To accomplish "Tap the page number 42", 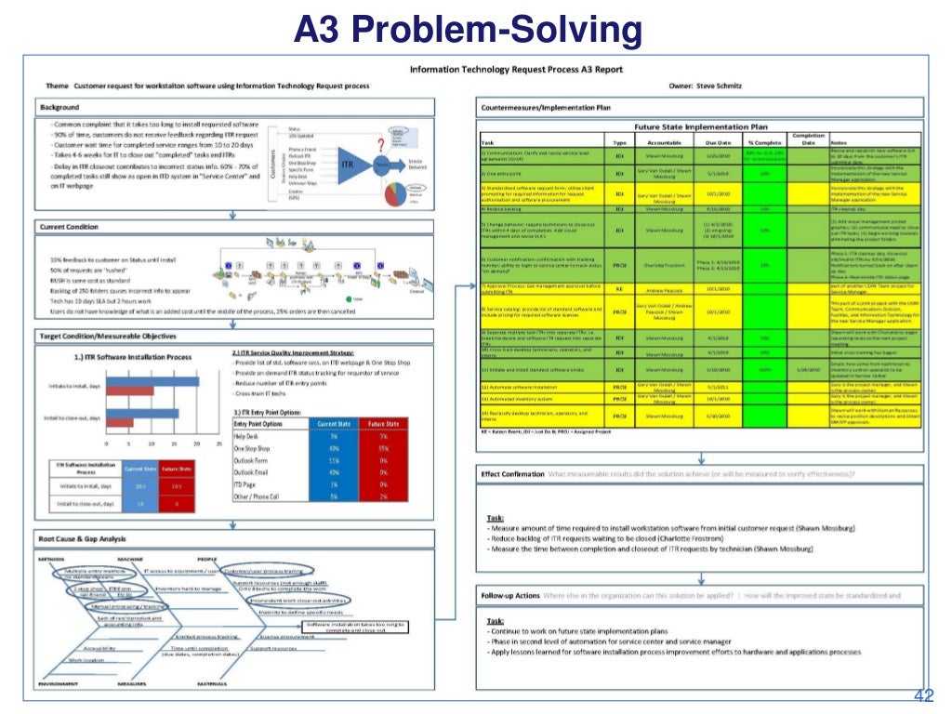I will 923,696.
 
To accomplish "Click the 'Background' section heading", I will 59,108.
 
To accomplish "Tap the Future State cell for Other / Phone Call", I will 381,496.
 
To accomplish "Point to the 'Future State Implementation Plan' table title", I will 701,126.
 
